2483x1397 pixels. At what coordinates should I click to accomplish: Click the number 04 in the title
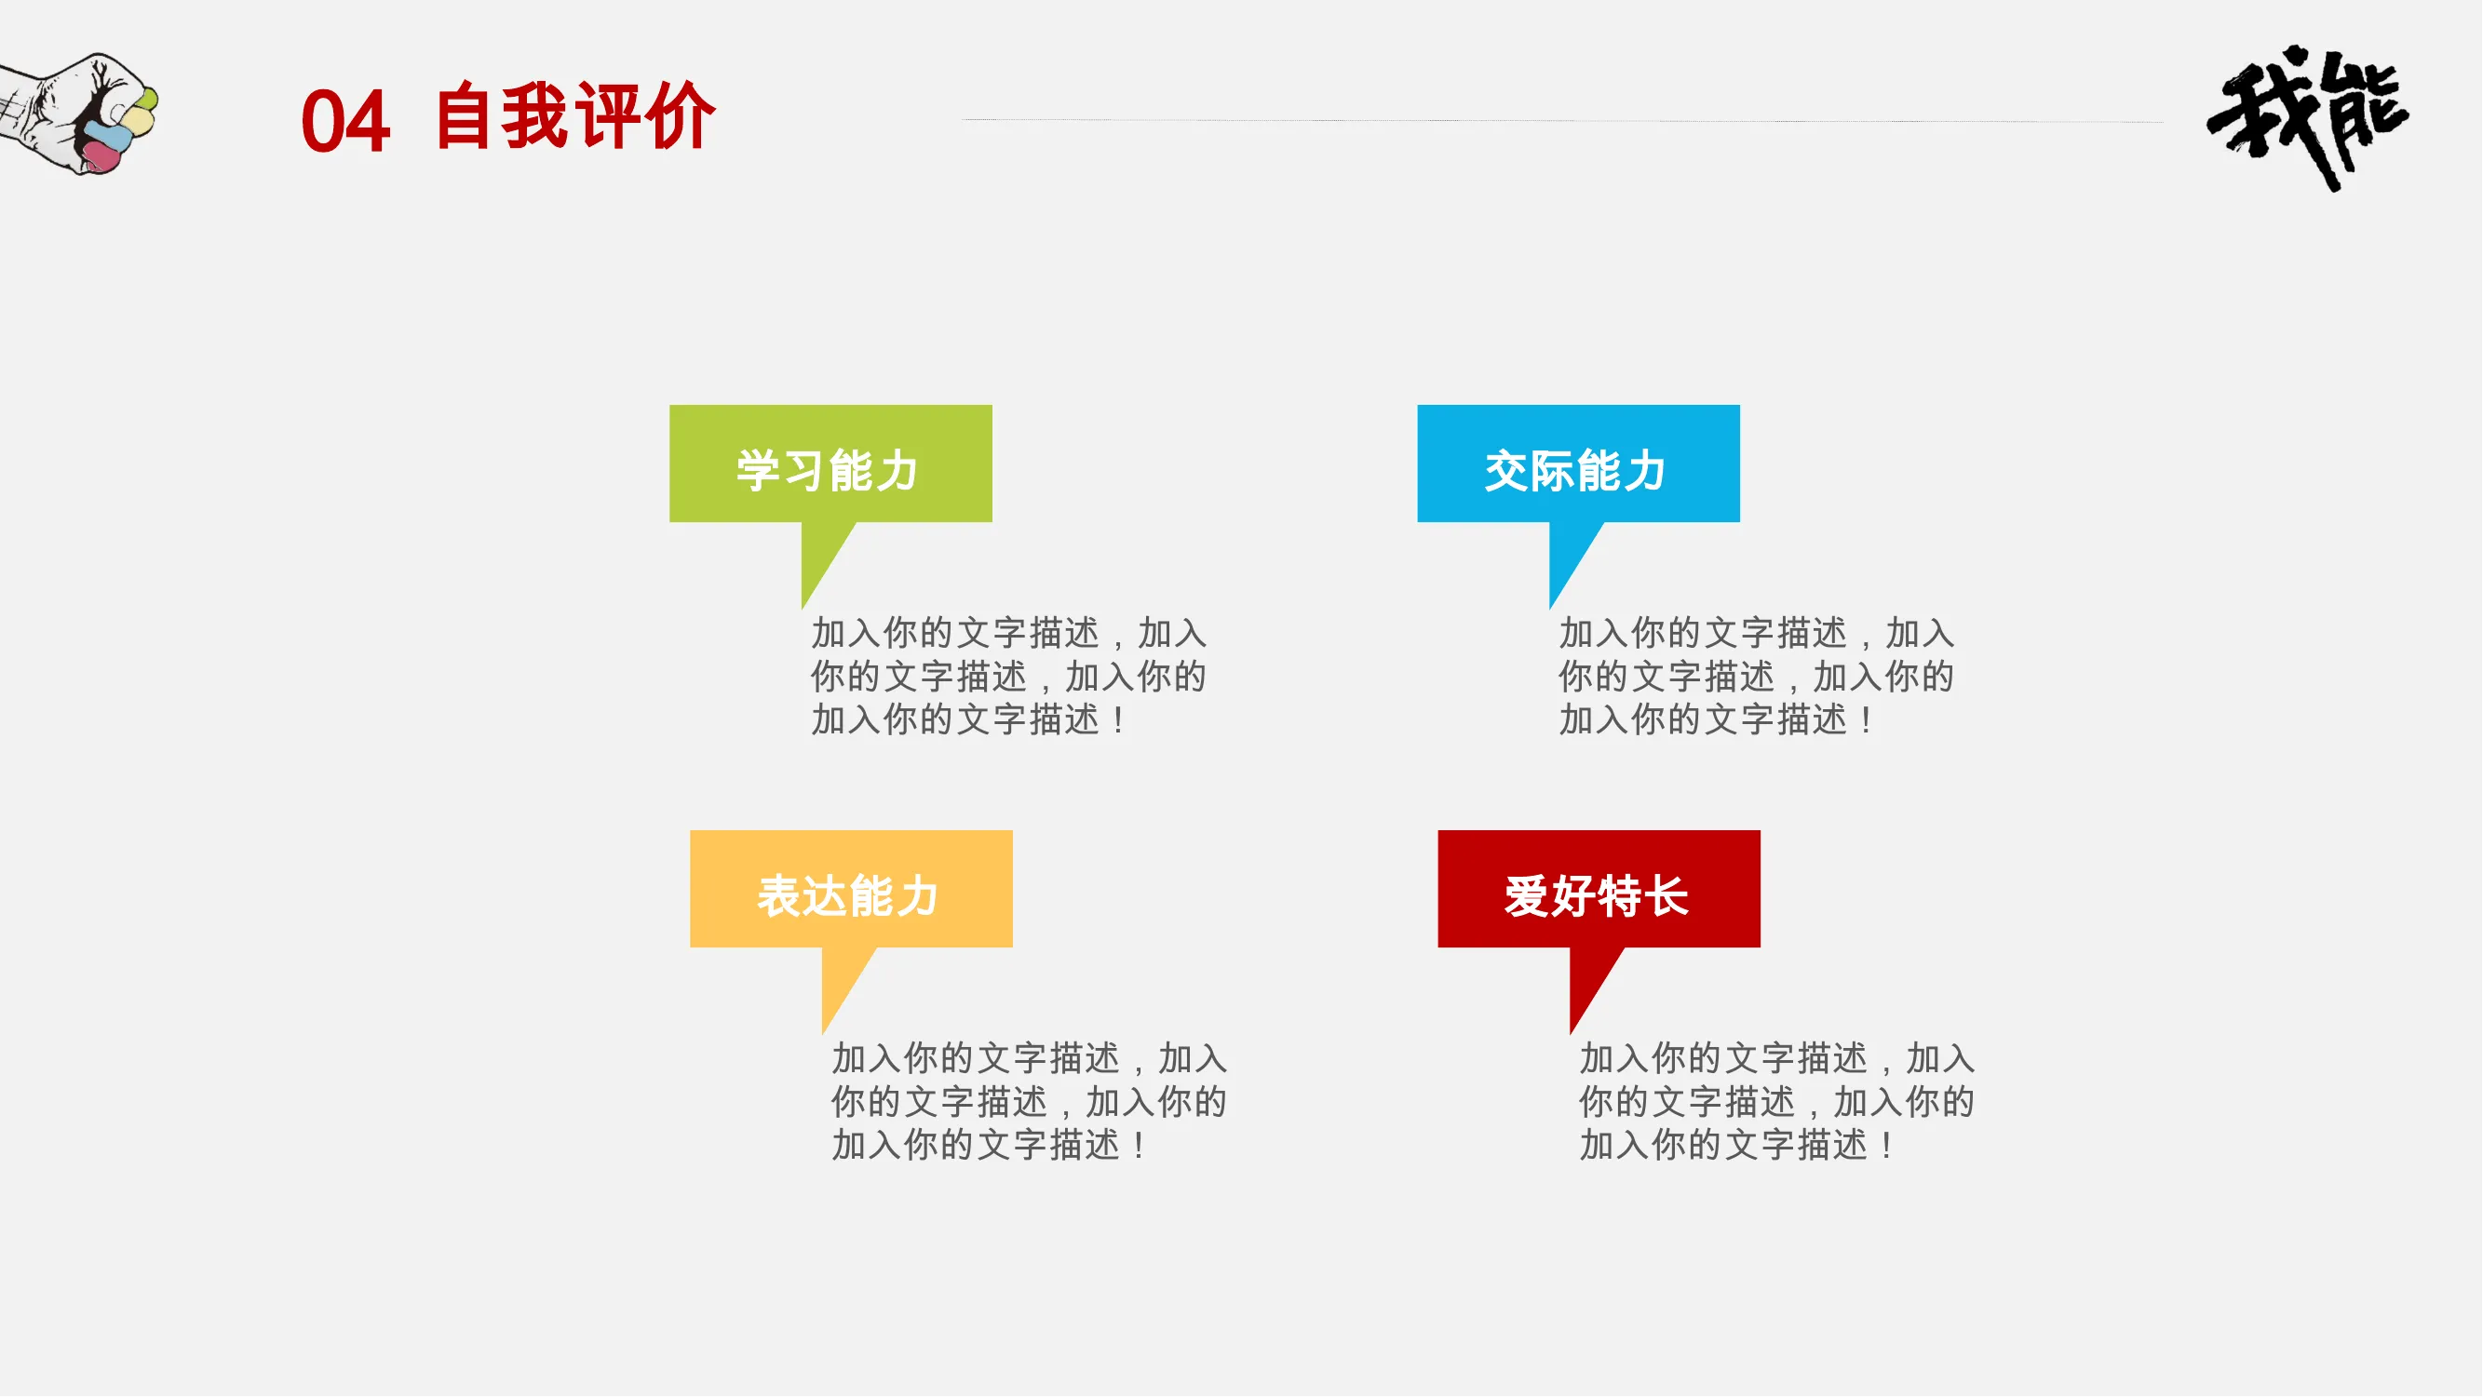[345, 121]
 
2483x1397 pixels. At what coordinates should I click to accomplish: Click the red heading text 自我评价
[575, 116]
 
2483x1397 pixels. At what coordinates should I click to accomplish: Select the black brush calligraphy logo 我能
[2308, 116]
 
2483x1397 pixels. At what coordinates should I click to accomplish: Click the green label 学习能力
[827, 471]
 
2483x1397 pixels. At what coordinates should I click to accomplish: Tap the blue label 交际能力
[1575, 471]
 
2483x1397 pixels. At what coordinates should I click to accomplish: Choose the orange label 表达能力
[847, 896]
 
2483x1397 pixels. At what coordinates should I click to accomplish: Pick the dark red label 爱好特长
[1596, 896]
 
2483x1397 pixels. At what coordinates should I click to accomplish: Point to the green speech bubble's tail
[820, 558]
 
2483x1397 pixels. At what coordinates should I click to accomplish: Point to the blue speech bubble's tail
[1568, 558]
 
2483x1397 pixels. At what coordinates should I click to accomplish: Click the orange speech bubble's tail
[841, 985]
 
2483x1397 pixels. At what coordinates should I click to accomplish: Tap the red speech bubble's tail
[1588, 985]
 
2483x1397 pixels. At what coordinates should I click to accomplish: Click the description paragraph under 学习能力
[1008, 677]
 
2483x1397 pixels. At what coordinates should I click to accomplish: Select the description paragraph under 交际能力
[1756, 677]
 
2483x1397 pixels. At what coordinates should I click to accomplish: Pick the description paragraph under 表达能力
[1030, 1101]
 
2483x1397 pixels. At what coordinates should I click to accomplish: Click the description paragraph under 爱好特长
[1777, 1101]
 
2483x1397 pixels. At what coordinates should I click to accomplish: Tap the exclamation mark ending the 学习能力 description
[1118, 719]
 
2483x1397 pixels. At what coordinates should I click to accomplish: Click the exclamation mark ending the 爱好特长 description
[1886, 1146]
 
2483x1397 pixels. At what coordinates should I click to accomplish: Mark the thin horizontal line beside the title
[1562, 120]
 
